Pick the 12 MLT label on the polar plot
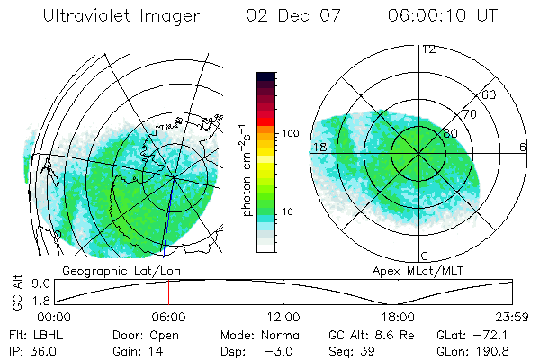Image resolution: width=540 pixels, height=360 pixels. pyautogui.click(x=428, y=49)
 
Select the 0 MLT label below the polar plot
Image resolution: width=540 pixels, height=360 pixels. pyautogui.click(x=424, y=256)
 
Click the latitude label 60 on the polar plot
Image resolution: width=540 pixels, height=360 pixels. pyautogui.click(x=490, y=94)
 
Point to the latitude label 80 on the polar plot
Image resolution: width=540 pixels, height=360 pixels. pyautogui.click(x=450, y=133)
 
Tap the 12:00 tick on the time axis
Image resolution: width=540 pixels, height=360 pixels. pyautogui.click(x=283, y=317)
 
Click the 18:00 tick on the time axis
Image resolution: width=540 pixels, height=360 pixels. pyautogui.click(x=398, y=317)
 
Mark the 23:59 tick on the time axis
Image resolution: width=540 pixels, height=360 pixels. pyautogui.click(x=512, y=317)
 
